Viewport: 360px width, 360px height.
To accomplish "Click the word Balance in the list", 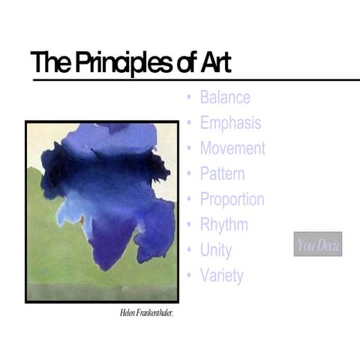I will pos(225,97).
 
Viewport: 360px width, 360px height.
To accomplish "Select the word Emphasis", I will pos(230,123).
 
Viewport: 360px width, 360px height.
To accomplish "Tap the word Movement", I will pos(232,148).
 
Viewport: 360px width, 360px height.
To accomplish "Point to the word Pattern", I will pos(222,174).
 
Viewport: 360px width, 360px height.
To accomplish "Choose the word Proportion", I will pos(232,199).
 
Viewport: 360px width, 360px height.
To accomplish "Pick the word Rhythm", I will pos(223,224).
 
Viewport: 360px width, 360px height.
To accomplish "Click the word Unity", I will pos(215,250).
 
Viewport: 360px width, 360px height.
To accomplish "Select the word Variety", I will pos(221,275).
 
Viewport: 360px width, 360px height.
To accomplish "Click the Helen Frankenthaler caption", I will pos(147,313).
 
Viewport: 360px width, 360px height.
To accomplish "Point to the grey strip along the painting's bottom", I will pos(102,292).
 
